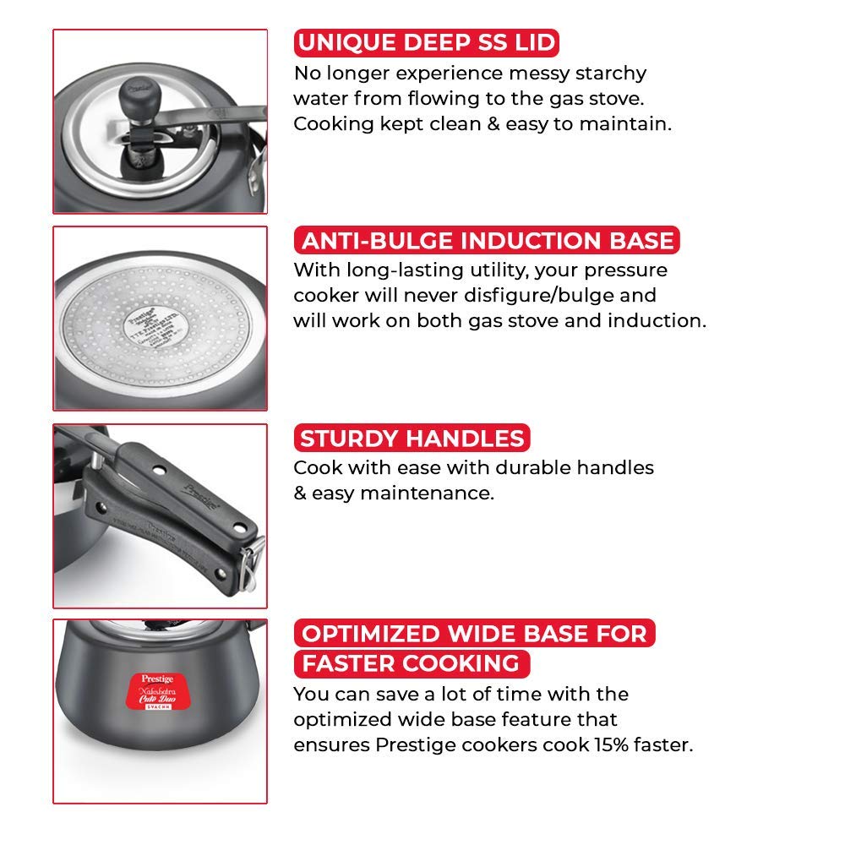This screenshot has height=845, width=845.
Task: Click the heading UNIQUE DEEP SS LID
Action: (x=426, y=42)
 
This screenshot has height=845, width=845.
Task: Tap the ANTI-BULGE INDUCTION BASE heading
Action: (x=488, y=240)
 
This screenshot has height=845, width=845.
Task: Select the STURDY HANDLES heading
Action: (x=412, y=438)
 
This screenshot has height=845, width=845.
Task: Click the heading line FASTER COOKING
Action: (x=412, y=663)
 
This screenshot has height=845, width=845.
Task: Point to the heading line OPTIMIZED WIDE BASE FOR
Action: (x=474, y=633)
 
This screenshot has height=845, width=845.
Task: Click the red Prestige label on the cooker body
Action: (x=158, y=691)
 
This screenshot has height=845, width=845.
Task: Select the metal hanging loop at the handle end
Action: (x=251, y=563)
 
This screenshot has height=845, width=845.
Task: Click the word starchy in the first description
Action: (x=611, y=74)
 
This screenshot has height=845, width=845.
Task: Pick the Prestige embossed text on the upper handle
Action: (x=202, y=496)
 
